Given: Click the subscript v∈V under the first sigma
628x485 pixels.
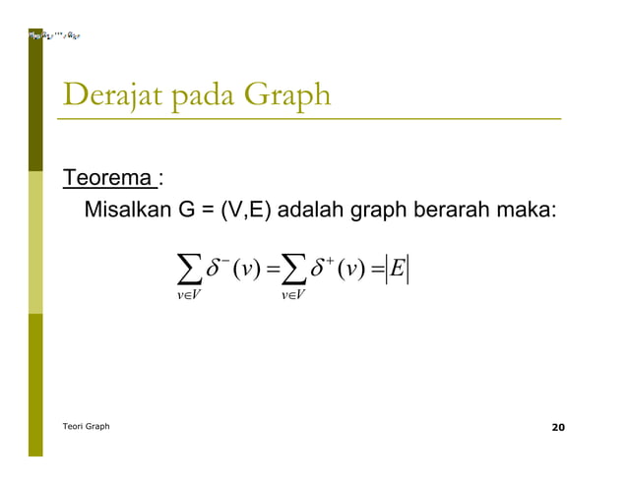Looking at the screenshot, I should tap(184, 294).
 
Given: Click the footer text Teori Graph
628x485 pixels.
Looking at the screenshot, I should tap(86, 426).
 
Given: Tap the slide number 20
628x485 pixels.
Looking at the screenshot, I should tap(558, 427).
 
